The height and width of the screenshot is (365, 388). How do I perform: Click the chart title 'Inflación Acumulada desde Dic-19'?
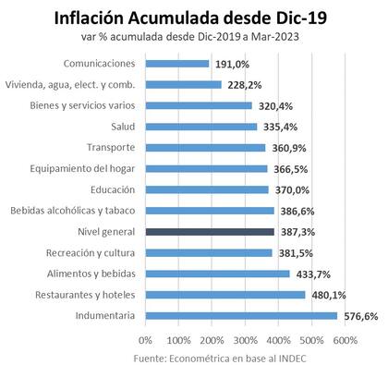pos(193,18)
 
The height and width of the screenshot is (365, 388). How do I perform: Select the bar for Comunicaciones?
pos(176,63)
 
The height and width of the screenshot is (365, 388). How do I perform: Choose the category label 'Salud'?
pos(122,127)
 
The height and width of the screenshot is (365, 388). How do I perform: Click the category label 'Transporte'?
pos(111,148)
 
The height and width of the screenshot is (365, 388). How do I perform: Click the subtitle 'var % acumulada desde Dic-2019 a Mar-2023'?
pos(193,39)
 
